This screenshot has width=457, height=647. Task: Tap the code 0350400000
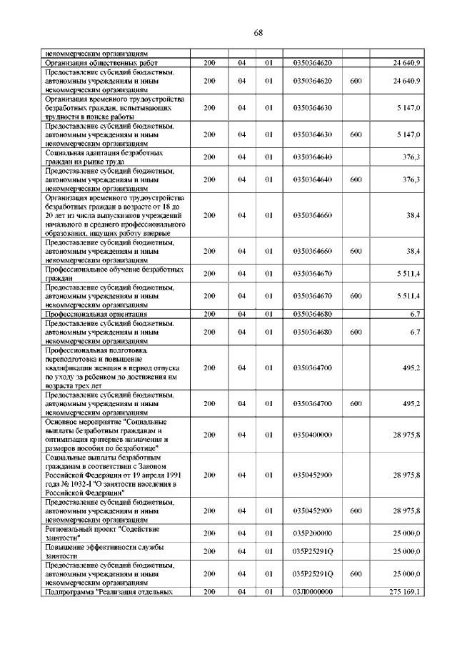[312, 435]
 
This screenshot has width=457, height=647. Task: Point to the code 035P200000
[312, 533]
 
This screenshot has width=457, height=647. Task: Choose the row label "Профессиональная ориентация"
[96, 314]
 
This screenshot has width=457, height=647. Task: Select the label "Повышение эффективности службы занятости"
[104, 551]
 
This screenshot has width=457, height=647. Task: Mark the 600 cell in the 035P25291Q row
[356, 573]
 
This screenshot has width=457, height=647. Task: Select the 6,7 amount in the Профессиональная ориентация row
[414, 314]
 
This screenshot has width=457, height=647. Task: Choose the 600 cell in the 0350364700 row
[356, 404]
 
